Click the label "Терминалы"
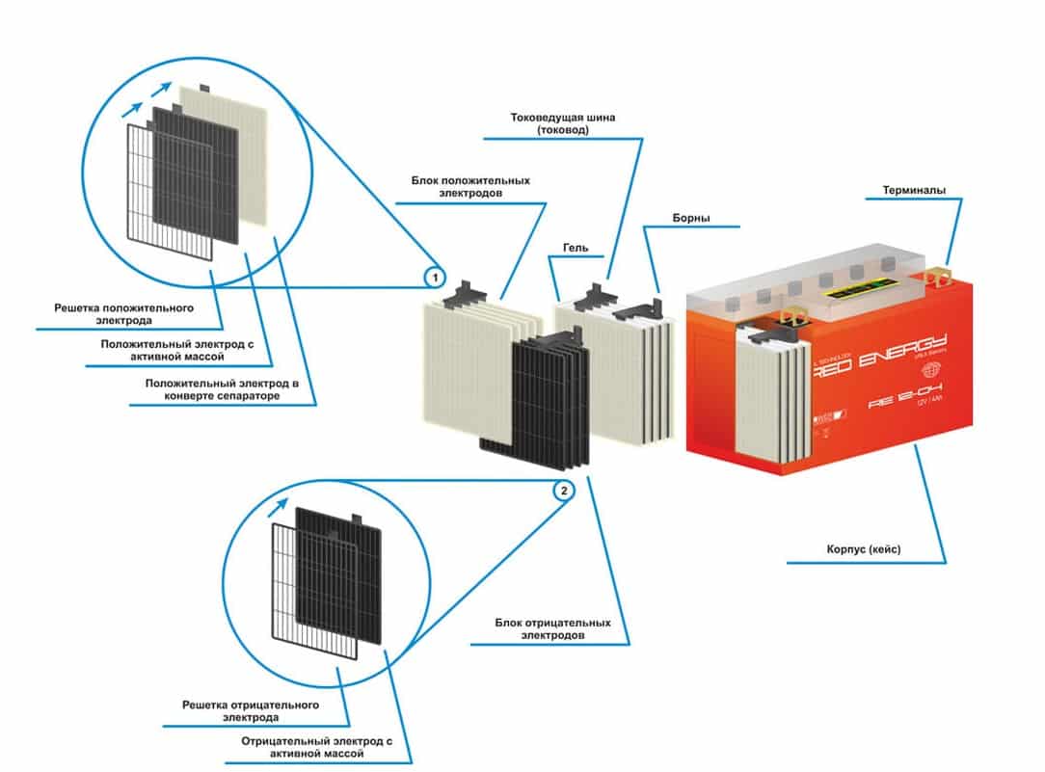921,190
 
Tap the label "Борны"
691,218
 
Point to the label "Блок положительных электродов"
469,187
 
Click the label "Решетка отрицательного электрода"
264,710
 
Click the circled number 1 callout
435,278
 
